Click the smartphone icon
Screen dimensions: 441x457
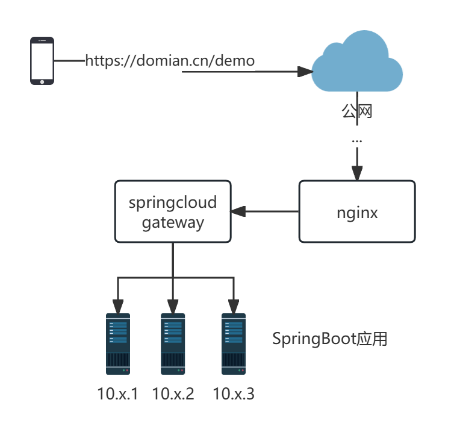(42, 60)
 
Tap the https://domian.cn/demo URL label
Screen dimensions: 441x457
(170, 61)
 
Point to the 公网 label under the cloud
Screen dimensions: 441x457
(357, 111)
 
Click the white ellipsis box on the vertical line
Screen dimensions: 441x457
(357, 139)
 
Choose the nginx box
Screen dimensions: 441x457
(357, 212)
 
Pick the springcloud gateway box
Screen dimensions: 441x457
(173, 212)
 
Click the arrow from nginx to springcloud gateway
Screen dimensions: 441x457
(265, 211)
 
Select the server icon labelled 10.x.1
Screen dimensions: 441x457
(118, 344)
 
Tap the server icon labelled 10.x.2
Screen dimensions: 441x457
(173, 344)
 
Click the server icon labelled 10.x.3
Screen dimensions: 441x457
(233, 344)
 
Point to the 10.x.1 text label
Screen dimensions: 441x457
(118, 394)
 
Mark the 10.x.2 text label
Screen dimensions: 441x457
(173, 394)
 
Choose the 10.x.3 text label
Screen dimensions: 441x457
(234, 394)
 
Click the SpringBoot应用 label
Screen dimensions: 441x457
(329, 339)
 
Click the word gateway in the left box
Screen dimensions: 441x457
(173, 223)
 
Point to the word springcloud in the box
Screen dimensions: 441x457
(173, 202)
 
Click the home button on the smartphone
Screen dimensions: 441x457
(42, 81)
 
